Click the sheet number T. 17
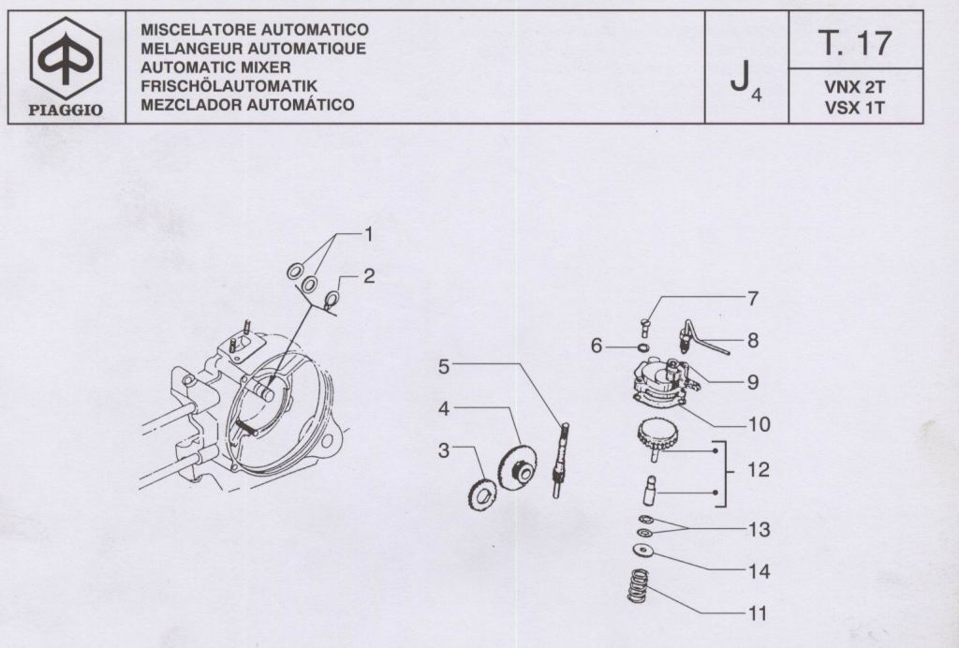click(x=855, y=41)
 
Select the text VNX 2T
click(x=855, y=86)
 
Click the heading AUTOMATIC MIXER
click(x=215, y=67)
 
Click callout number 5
click(x=445, y=366)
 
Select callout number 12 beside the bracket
click(x=759, y=469)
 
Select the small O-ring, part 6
click(x=642, y=347)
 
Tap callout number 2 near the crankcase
click(x=370, y=277)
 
